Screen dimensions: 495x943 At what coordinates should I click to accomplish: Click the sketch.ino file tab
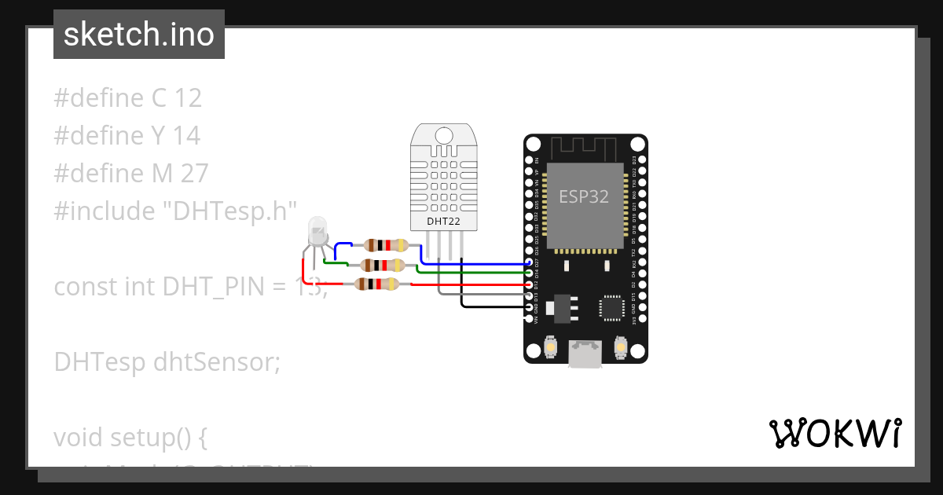(139, 35)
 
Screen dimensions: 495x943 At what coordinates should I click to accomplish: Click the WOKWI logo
(835, 433)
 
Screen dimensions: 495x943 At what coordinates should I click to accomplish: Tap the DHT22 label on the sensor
(443, 222)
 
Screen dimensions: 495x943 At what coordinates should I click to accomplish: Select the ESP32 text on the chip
(584, 196)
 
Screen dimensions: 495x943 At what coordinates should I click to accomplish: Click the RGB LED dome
(317, 230)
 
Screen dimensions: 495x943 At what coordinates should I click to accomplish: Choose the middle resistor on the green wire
(381, 265)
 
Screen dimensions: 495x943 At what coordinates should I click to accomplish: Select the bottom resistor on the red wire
(377, 284)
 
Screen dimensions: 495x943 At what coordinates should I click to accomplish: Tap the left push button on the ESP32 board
(551, 346)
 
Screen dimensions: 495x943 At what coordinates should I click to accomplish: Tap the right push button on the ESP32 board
(621, 346)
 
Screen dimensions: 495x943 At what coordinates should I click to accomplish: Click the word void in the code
(79, 437)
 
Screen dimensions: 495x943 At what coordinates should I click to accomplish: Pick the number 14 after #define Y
(186, 135)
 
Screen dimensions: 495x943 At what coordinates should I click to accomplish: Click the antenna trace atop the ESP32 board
(585, 147)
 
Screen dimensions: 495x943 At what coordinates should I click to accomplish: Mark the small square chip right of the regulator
(611, 308)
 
